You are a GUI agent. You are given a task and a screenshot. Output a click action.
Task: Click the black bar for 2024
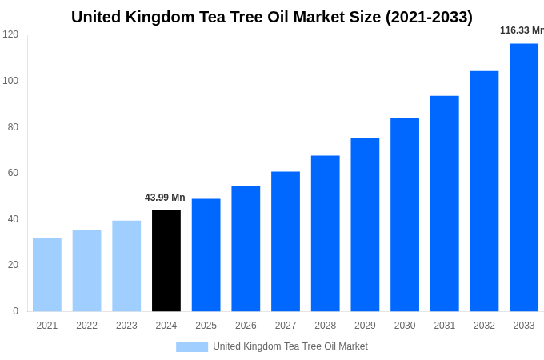[x=166, y=261]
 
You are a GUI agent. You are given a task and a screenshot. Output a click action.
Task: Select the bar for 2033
[x=524, y=178]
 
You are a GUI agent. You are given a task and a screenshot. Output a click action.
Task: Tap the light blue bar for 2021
[x=47, y=274]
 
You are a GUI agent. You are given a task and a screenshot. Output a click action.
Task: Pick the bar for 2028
[x=326, y=233]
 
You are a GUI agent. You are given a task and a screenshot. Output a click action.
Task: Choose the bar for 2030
[x=405, y=214]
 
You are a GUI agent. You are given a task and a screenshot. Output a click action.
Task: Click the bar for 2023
[x=126, y=266]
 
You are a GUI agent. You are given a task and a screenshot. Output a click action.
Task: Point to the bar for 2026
[x=246, y=248]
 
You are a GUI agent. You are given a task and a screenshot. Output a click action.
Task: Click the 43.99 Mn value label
[x=165, y=198]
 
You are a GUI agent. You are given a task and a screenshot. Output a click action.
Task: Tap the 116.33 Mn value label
[x=522, y=30]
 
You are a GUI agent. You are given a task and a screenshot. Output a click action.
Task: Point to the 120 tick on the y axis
[x=10, y=34]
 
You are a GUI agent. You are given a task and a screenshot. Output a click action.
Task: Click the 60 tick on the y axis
[x=13, y=173]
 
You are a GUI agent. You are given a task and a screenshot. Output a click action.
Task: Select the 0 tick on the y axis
[x=15, y=311]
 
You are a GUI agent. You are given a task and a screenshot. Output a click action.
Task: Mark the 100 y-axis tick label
[x=10, y=81]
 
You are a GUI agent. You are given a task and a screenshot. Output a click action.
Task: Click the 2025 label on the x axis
[x=206, y=326]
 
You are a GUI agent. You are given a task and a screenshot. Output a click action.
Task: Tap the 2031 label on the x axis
[x=445, y=326]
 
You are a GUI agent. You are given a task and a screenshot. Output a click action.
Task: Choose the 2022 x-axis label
[x=86, y=326]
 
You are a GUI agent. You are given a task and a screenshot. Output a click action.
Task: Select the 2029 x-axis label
[x=365, y=326]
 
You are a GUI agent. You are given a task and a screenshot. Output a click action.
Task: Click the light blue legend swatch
[x=192, y=347]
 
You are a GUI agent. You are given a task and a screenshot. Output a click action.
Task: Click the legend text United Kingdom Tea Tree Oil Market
[x=290, y=346]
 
